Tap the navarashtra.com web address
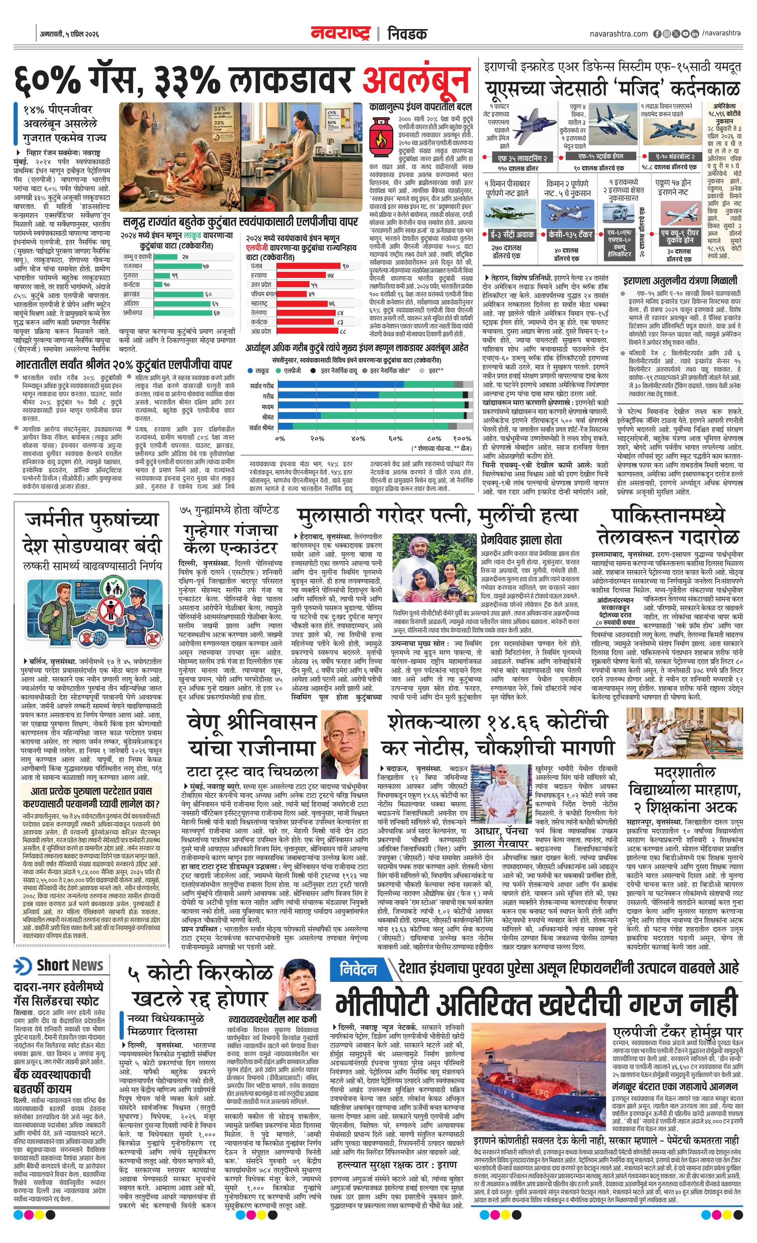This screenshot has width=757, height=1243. tap(619, 34)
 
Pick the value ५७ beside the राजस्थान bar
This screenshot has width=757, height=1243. tap(205, 266)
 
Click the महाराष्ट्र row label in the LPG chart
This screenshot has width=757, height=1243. tap(261, 303)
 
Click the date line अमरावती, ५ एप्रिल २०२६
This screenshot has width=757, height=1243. tap(69, 34)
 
